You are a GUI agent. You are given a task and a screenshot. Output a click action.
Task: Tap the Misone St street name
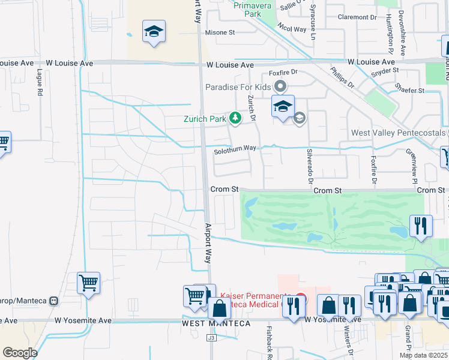tap(220, 32)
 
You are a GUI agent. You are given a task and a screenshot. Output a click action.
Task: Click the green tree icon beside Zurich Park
tap(236, 118)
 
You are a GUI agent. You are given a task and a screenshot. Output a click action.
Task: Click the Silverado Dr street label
tap(310, 166)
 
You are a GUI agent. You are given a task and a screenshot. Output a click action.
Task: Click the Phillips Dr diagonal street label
tap(342, 79)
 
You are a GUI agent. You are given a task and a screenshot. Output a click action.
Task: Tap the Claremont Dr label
tap(357, 17)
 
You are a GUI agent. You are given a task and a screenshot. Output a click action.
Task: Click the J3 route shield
tap(211, 338)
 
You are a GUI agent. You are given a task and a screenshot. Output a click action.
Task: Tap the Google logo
tap(20, 353)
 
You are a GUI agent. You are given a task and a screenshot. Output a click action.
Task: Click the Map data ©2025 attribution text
tap(423, 355)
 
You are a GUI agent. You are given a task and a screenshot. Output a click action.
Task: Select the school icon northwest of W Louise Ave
tap(154, 31)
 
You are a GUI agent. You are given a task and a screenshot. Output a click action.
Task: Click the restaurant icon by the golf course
tap(421, 226)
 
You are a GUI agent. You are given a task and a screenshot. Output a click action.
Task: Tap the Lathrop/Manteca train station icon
tap(54, 300)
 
